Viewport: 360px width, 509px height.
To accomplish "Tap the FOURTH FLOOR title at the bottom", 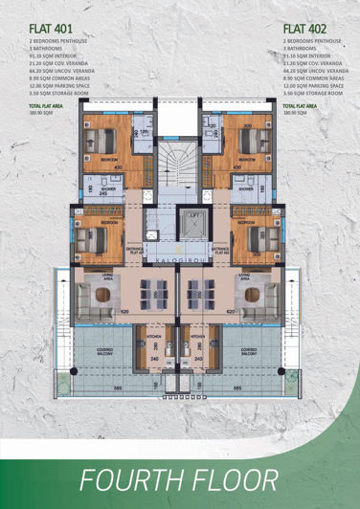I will [x=180, y=477].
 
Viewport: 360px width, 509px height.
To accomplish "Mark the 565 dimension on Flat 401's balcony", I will [x=117, y=388].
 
